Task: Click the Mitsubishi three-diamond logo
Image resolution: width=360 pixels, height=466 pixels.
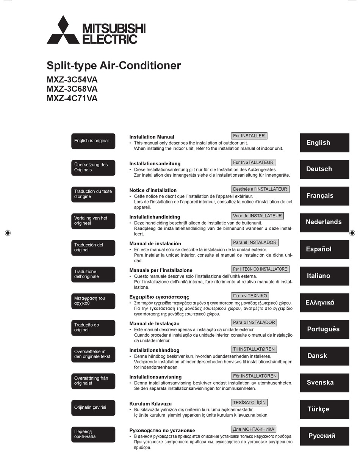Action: [x=63, y=30]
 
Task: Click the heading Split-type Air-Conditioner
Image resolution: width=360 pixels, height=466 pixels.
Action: [x=114, y=66]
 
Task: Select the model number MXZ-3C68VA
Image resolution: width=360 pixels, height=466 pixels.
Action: [x=72, y=89]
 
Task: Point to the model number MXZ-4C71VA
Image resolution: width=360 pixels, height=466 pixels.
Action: [x=72, y=99]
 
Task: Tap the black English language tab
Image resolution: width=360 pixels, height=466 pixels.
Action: [x=324, y=143]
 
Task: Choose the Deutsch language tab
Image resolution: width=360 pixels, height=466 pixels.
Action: [x=324, y=169]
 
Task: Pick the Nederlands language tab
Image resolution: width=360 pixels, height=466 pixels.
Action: [x=324, y=222]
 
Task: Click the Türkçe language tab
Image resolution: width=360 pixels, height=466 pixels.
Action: [x=324, y=409]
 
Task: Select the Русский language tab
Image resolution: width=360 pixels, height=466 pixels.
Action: [x=324, y=436]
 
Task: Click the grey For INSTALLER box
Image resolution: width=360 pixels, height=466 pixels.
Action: [x=249, y=136]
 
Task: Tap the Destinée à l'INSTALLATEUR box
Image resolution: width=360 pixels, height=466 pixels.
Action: [x=260, y=189]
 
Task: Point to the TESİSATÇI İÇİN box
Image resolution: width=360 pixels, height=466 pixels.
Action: [x=249, y=402]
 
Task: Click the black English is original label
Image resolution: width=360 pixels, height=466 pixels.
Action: [x=93, y=141]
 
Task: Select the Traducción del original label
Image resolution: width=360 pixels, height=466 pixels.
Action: [x=93, y=248]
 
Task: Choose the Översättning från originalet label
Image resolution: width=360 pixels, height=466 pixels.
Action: [x=93, y=381]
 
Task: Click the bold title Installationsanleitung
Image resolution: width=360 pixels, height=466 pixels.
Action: [x=155, y=164]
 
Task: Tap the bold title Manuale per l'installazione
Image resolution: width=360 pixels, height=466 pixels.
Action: [x=161, y=270]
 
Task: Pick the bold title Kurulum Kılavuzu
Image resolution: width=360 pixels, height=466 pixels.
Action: [x=150, y=404]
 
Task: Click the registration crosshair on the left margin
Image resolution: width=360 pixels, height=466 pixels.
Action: [x=8, y=233]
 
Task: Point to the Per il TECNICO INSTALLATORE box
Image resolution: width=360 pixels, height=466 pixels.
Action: [x=260, y=269]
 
